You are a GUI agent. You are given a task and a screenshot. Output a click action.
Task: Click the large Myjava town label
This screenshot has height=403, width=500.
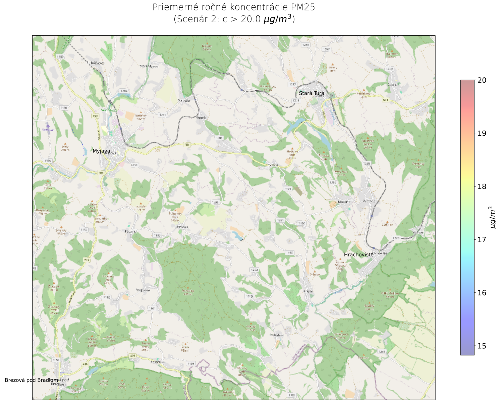pyautogui.click(x=101, y=151)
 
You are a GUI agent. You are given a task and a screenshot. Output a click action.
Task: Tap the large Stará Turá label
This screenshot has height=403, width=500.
pyautogui.click(x=312, y=93)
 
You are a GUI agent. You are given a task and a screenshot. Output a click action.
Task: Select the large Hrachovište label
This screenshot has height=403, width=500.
pyautogui.click(x=358, y=255)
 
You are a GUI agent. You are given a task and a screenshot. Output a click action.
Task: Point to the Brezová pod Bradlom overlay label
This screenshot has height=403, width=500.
pyautogui.click(x=32, y=380)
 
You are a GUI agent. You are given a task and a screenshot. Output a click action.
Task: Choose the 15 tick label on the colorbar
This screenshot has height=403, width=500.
pyautogui.click(x=481, y=346)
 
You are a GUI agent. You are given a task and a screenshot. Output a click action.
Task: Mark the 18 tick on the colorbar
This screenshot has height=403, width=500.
pyautogui.click(x=481, y=187)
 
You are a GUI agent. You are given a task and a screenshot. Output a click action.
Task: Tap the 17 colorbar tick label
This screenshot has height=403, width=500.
pyautogui.click(x=481, y=240)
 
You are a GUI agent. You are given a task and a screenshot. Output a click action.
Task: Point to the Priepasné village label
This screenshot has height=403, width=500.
pyautogui.click(x=143, y=290)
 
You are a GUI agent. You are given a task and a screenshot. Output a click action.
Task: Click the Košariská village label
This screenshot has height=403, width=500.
pyautogui.click(x=158, y=362)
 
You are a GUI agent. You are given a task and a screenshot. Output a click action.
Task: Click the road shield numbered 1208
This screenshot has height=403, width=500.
pyautogui.click(x=220, y=138)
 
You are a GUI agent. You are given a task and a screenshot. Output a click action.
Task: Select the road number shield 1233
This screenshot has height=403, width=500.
pyautogui.click(x=254, y=270)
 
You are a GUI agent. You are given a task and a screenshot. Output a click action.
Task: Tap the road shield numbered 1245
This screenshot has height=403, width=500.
pyautogui.click(x=305, y=45)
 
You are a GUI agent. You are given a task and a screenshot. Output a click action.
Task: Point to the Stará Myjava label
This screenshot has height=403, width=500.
pyautogui.click(x=149, y=66)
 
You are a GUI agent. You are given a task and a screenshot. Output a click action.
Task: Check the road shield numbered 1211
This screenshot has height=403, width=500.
pyautogui.click(x=162, y=115)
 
